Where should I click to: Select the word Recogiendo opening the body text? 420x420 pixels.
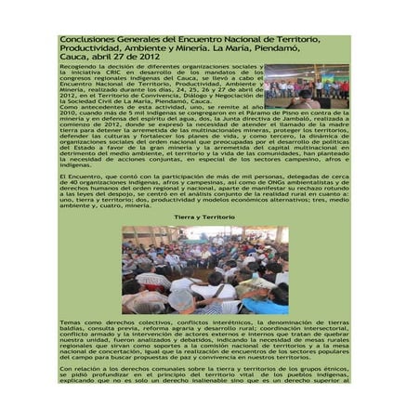click(78, 68)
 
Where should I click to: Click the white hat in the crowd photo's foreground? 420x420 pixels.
click(182, 296)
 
